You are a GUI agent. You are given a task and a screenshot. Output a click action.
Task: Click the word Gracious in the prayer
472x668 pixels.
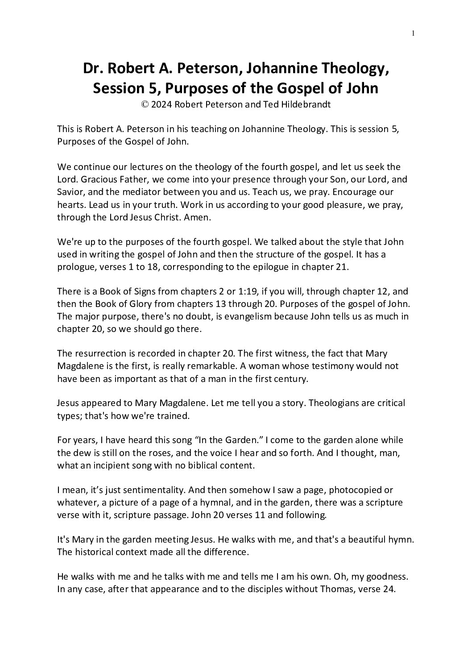(97, 179)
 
